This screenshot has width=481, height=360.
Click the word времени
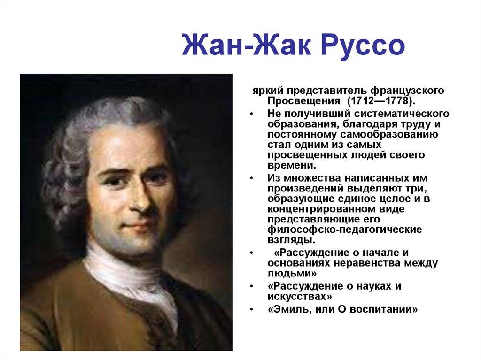click(291, 165)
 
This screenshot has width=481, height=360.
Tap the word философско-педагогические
click(344, 230)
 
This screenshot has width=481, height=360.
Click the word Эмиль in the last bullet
click(289, 310)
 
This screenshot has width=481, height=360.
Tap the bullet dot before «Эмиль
click(253, 310)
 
